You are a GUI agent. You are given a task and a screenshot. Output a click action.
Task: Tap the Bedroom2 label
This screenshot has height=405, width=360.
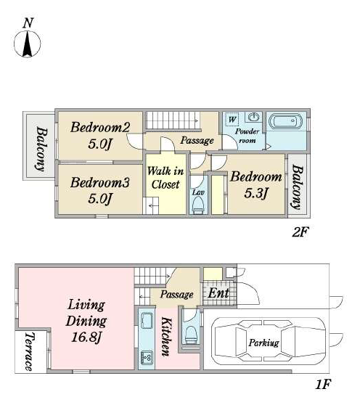pos(100,127)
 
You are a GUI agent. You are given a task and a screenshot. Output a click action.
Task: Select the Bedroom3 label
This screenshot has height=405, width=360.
pos(99,182)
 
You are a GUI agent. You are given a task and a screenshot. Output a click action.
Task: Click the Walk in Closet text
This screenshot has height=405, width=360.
pos(165,178)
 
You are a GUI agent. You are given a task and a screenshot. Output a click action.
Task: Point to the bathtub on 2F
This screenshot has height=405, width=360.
pos(285,121)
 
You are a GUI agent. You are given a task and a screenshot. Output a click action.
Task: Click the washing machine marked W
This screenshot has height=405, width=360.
pos(232,119)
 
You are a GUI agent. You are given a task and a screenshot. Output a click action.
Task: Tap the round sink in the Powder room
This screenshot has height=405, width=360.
pos(254,118)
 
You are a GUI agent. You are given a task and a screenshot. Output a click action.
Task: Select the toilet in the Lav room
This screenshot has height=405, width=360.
pos(198,205)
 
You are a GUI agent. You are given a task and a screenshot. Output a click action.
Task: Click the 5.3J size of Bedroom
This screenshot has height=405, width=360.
pos(255,192)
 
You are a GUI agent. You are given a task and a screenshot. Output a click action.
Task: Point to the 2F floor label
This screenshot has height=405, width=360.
pos(300,232)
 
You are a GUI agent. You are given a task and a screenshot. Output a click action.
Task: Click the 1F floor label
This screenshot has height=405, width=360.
pos(323,384)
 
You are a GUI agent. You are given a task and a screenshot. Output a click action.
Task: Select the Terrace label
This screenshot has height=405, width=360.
pos(30,352)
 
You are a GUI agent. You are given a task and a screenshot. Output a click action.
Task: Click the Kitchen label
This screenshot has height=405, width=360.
pos(166,337)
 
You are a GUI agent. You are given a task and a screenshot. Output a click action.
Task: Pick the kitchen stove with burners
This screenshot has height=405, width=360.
pos(147,358)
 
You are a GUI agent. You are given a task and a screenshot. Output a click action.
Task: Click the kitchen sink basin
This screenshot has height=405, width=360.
pos(147,321)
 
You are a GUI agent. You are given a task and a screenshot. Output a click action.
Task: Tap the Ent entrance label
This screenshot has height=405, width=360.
pos(218,293)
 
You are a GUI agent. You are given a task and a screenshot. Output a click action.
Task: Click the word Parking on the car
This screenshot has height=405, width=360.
pos(263,343)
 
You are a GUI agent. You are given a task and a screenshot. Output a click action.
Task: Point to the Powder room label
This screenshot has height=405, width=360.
pos(247,136)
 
